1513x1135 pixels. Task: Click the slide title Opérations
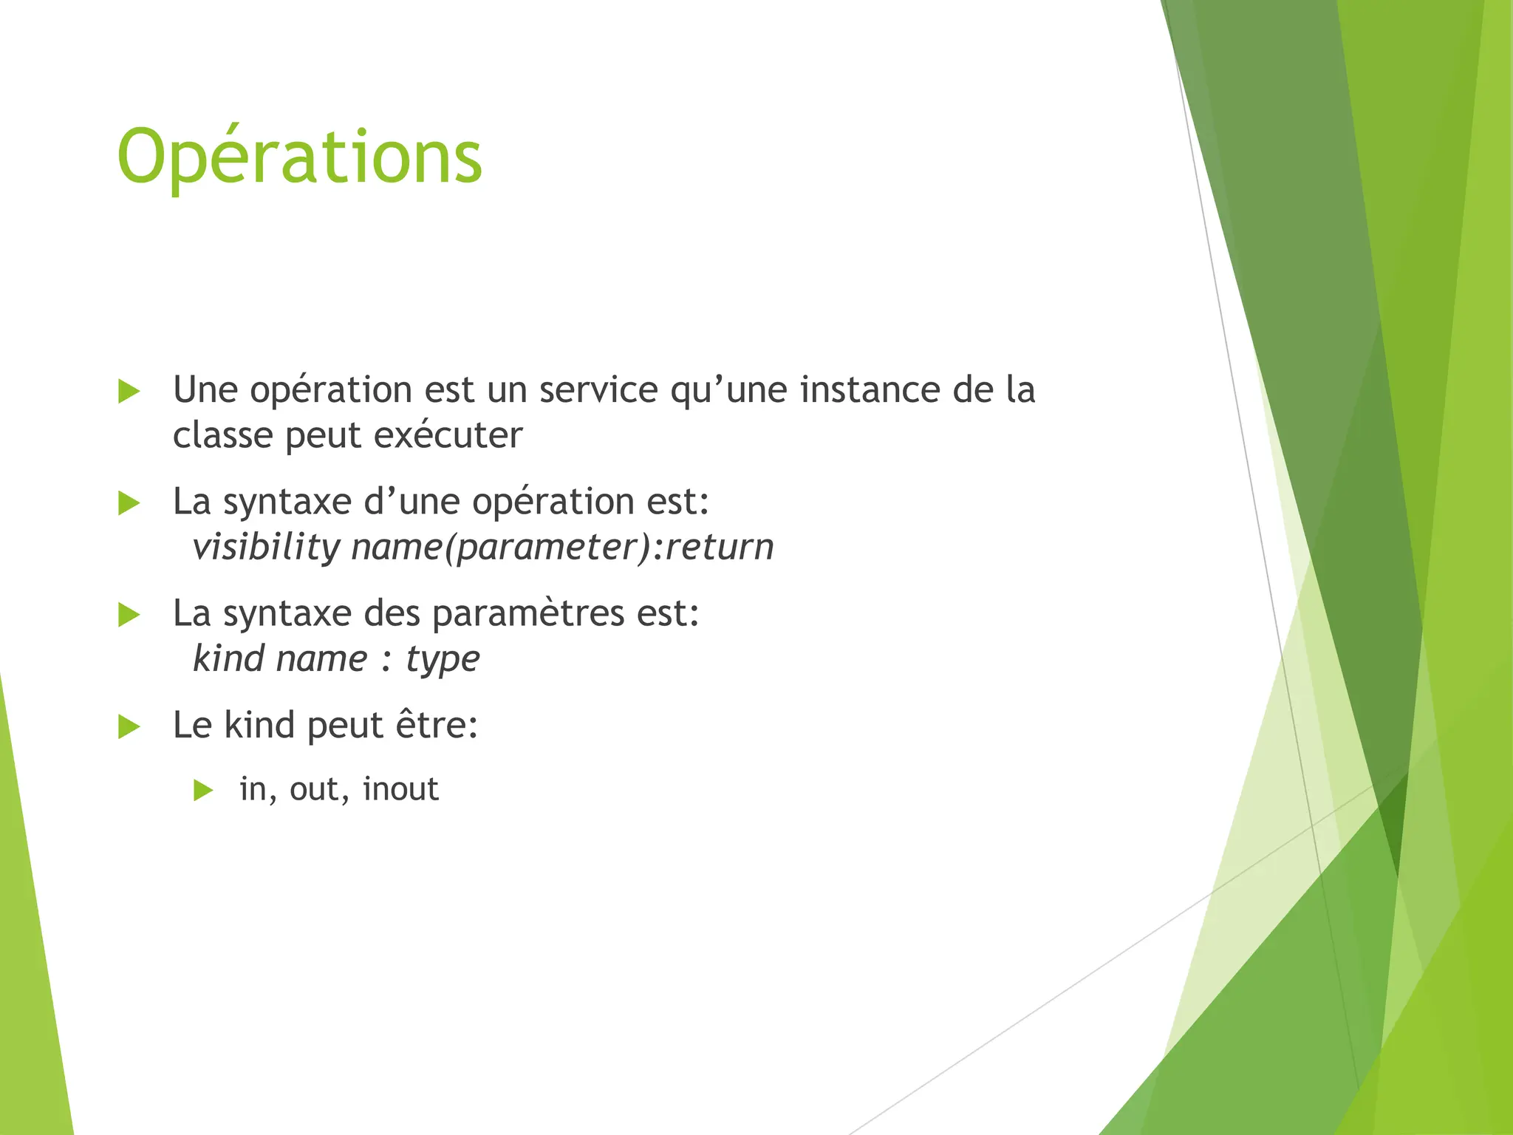click(x=299, y=157)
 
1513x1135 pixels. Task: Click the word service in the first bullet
click(x=598, y=390)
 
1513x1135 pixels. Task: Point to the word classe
click(x=222, y=435)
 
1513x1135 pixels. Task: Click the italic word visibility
click(x=266, y=548)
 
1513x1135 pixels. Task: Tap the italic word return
click(x=720, y=548)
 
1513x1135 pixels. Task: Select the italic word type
click(x=443, y=659)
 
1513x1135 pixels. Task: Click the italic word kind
click(x=228, y=659)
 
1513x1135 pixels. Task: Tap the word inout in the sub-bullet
click(x=400, y=789)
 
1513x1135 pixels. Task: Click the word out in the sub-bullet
click(x=315, y=789)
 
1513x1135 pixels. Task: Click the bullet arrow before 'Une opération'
click(x=129, y=392)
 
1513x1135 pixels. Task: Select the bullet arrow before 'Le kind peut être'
click(x=129, y=727)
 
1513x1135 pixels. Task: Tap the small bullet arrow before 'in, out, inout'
click(x=202, y=791)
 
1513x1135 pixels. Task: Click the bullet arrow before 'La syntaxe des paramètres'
click(x=129, y=615)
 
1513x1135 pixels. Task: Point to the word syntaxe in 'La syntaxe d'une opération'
click(x=287, y=502)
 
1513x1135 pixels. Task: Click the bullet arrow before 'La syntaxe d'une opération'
click(x=129, y=504)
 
